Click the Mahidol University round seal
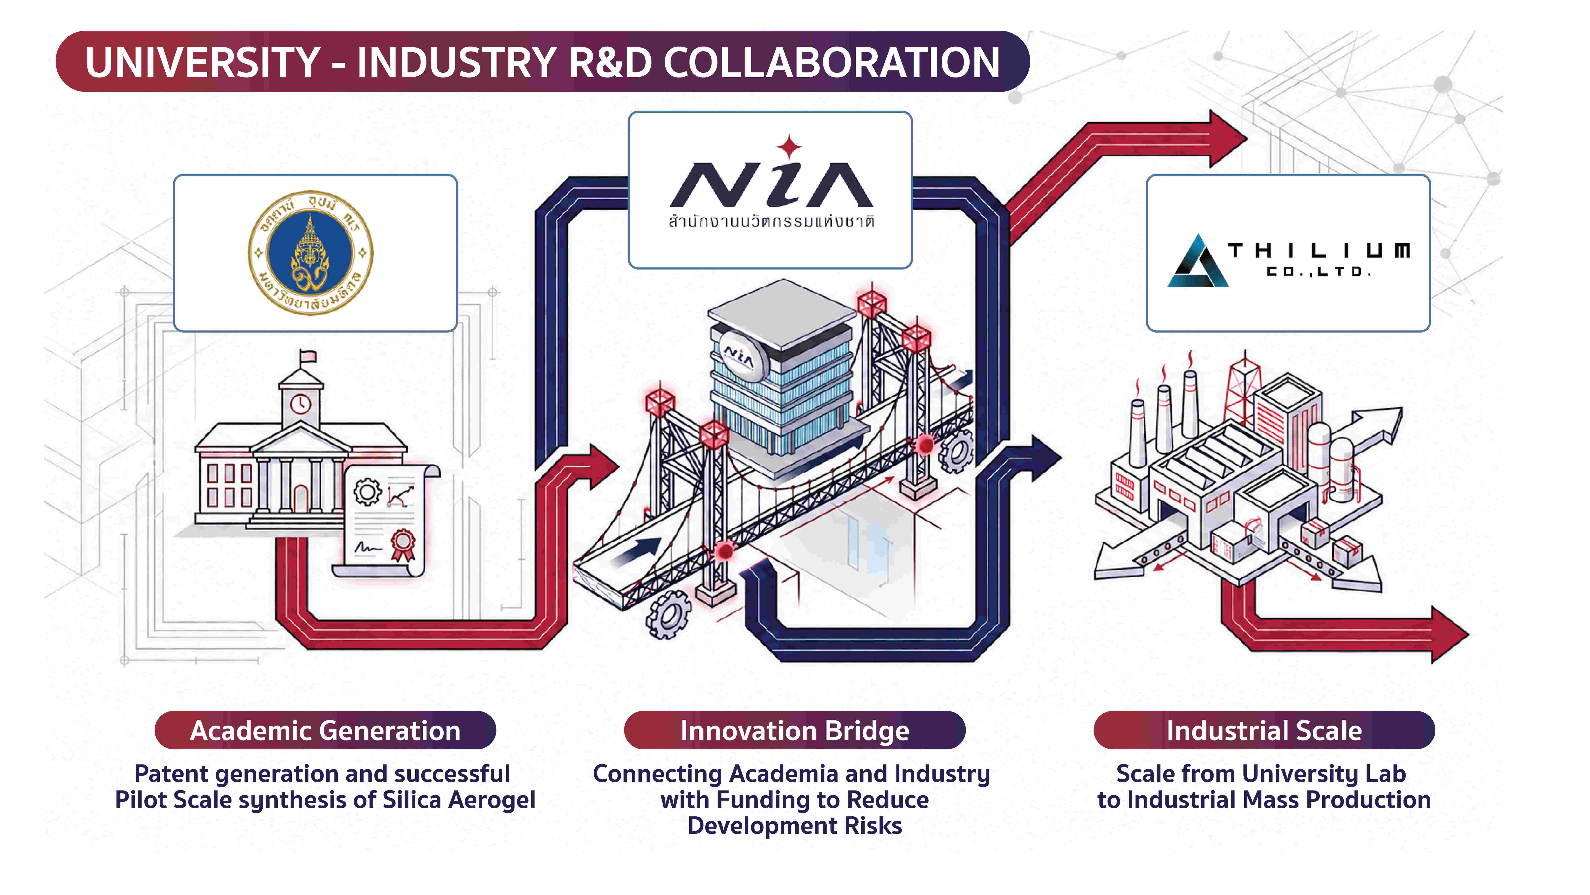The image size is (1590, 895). (310, 253)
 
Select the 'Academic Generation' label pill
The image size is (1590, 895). (325, 730)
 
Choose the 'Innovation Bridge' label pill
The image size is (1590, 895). (794, 730)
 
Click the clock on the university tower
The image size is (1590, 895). (301, 404)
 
